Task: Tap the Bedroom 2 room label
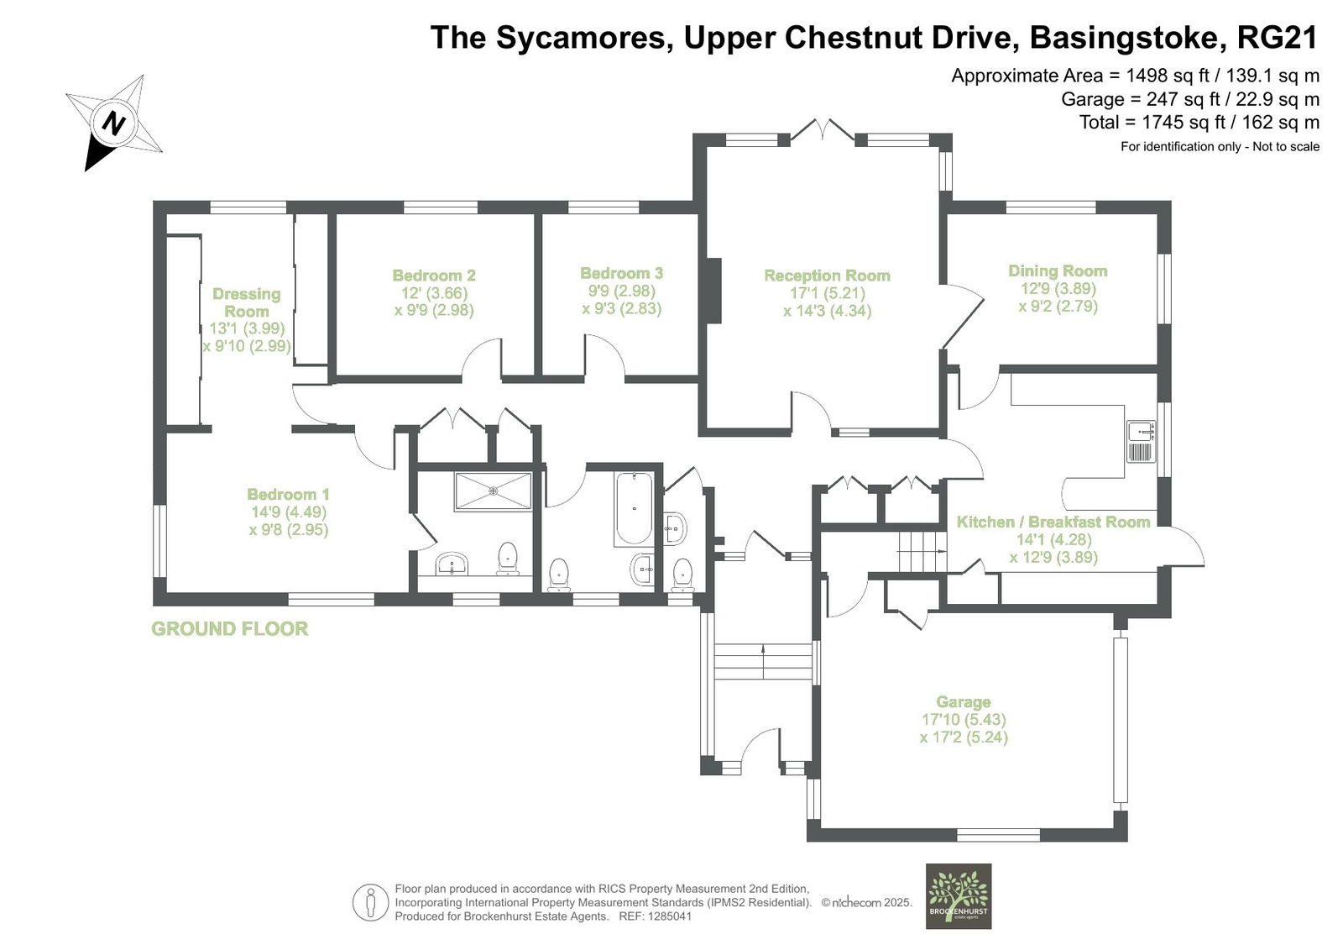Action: click(x=434, y=276)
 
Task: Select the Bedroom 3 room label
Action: click(x=622, y=274)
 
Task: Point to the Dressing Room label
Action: click(x=247, y=302)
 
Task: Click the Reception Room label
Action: click(x=827, y=276)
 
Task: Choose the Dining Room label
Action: click(x=1058, y=270)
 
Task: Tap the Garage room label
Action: click(x=964, y=701)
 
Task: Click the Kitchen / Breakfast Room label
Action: click(x=1053, y=522)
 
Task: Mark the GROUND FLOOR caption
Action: click(x=230, y=628)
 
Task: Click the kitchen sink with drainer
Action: click(x=1141, y=441)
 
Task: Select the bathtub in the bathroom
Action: click(x=634, y=508)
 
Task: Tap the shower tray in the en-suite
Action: click(x=493, y=491)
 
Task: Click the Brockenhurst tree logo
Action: click(x=958, y=896)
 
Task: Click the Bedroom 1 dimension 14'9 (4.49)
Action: click(x=289, y=512)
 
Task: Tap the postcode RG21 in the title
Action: click(x=1278, y=37)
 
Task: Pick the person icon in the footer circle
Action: click(x=370, y=901)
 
